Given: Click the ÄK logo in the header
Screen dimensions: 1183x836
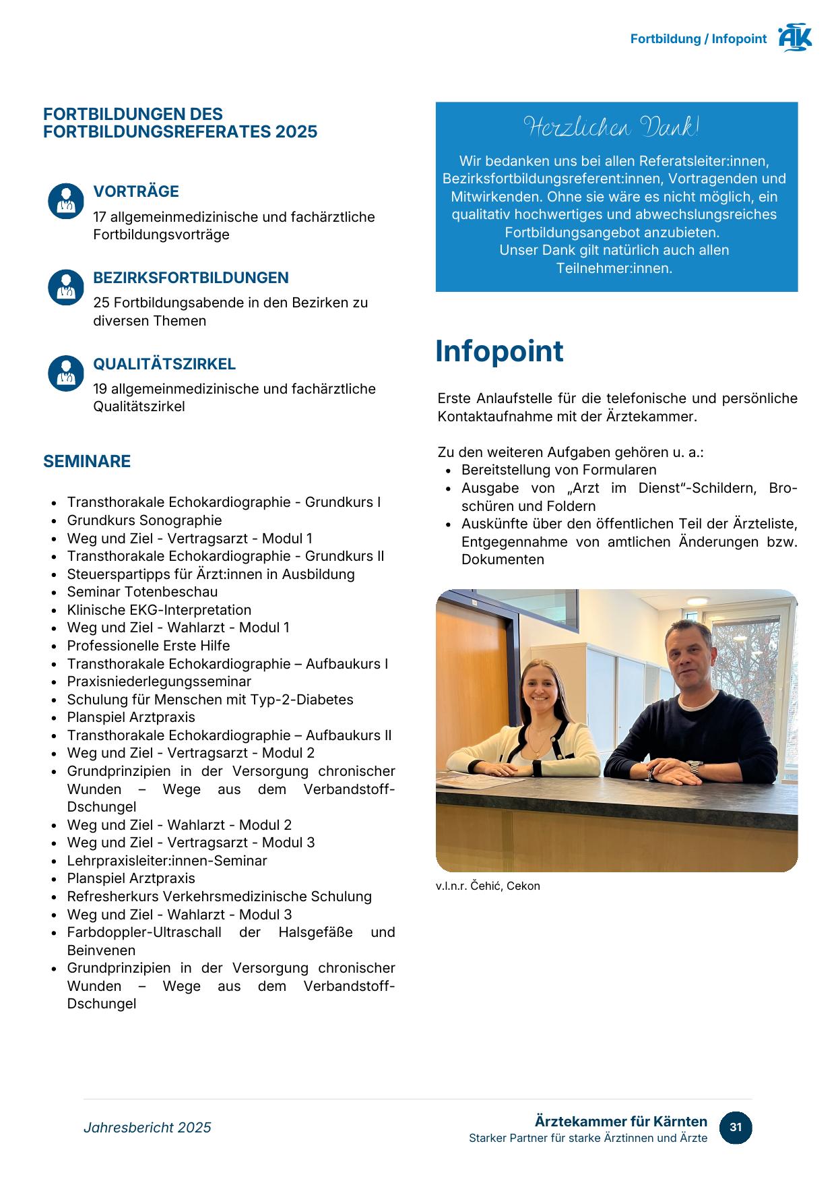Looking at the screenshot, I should pos(795,38).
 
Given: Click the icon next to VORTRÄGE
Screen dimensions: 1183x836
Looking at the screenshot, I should pos(65,201).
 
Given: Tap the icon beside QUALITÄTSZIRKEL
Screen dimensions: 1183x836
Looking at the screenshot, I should pos(65,373).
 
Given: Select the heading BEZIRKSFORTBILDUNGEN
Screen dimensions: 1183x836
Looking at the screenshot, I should pos(191,278).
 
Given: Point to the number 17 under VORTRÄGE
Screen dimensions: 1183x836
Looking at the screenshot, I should pos(100,217).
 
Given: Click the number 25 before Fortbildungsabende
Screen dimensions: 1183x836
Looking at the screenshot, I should pos(101,303).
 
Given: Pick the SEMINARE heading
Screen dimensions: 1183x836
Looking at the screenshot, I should pos(87,461).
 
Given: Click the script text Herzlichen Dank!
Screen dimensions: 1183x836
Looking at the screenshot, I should pos(612,127).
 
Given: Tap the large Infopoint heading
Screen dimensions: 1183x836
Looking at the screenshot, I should pos(499,351).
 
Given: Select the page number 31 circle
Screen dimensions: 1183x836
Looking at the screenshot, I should pos(736,1127).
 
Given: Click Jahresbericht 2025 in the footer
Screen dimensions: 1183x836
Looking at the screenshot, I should pos(148,1128).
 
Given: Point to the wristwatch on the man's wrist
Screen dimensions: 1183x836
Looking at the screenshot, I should pos(693,768).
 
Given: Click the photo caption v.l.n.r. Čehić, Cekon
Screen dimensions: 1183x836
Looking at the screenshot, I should pos(488,886).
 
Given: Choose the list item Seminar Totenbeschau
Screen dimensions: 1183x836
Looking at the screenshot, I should pos(142,592).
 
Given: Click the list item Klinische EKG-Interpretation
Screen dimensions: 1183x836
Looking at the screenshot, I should pos(159,610).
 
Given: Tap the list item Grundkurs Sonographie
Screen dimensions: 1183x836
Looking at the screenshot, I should pos(144,520).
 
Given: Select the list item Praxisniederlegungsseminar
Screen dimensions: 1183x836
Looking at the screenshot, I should pos(159,681).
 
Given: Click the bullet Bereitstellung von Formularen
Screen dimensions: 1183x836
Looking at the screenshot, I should pos(558,470).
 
